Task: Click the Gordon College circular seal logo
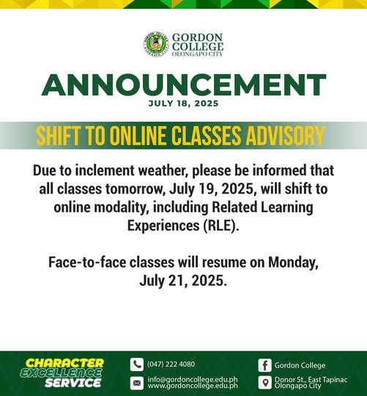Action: pos(156,44)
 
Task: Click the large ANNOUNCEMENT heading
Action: pos(184,84)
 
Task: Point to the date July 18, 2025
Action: pos(183,103)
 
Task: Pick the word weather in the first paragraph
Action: pos(163,170)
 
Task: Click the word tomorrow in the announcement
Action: pos(136,189)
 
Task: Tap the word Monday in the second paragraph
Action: pos(293,263)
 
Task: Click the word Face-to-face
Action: pos(87,262)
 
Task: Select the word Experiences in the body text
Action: pos(163,226)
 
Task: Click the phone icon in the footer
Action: pos(137,364)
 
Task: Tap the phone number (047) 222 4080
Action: pos(171,364)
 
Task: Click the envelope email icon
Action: pos(137,383)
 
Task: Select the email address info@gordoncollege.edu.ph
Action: pos(193,380)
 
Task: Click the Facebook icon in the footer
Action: pos(265,365)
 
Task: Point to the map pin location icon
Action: pos(265,383)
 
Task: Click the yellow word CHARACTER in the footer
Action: pos(64,364)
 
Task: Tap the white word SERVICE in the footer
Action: pos(73,383)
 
